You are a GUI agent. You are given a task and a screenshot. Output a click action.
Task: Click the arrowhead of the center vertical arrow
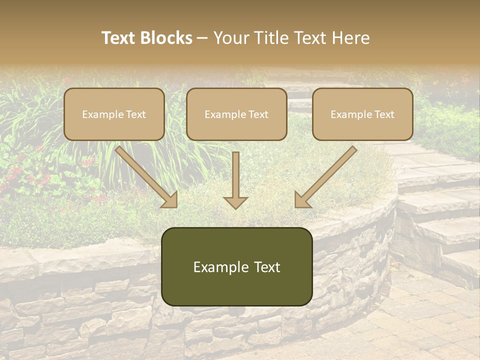[x=235, y=202]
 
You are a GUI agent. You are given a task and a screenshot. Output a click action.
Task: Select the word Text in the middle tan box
[x=258, y=114]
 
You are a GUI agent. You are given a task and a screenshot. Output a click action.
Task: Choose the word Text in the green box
[x=268, y=267]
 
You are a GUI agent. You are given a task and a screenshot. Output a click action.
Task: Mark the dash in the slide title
[x=202, y=38]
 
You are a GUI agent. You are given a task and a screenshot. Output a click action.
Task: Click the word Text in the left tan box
[x=136, y=114]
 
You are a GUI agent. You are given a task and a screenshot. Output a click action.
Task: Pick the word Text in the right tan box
[x=384, y=114]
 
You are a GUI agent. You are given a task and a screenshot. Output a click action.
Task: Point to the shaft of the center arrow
[x=235, y=172]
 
